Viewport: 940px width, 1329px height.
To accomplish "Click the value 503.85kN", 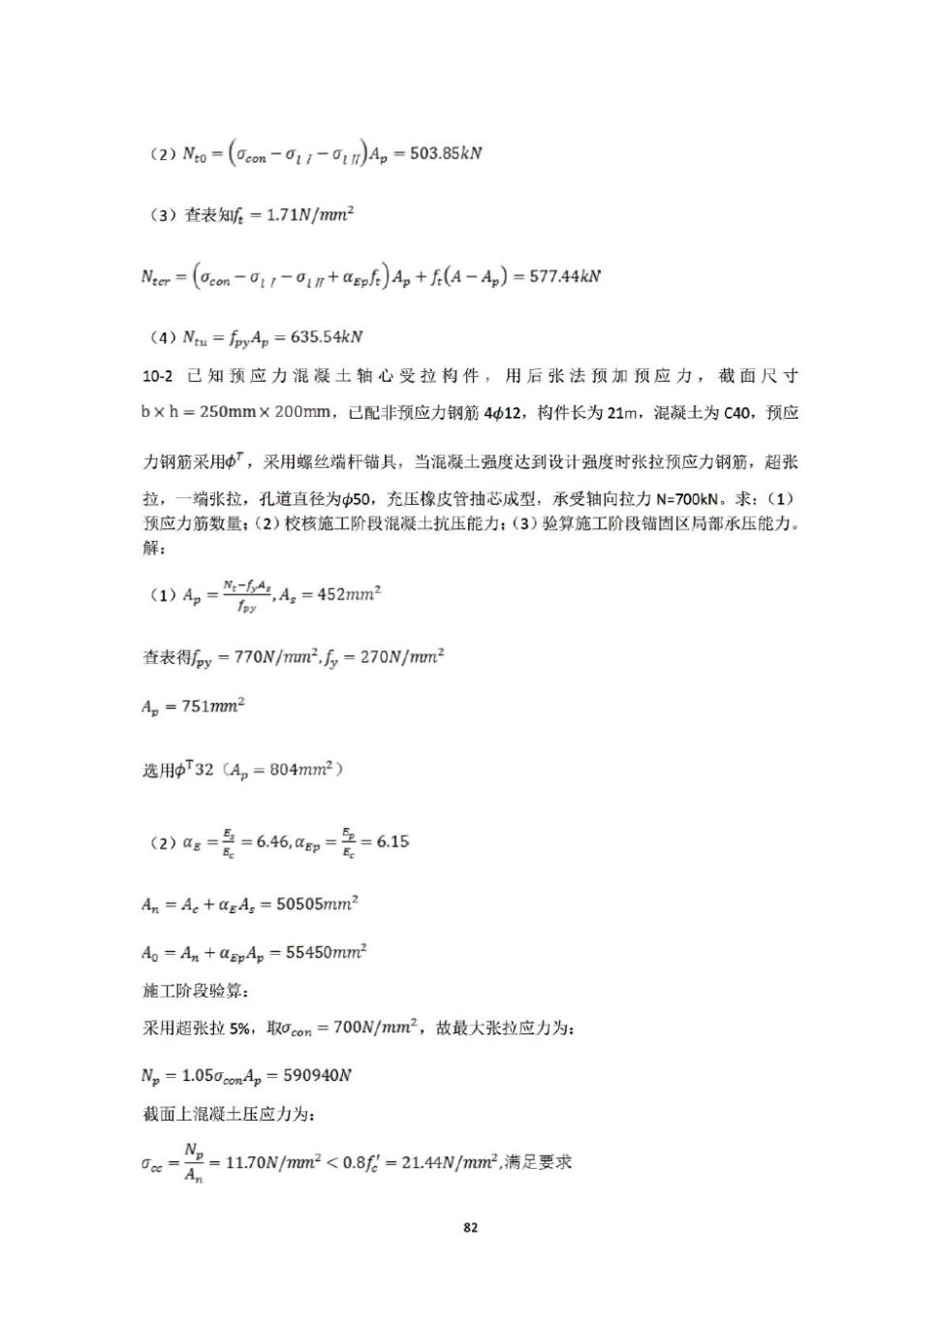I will tap(446, 153).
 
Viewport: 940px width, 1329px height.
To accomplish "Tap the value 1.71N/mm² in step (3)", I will tap(310, 214).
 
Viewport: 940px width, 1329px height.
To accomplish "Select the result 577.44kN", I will tap(565, 276).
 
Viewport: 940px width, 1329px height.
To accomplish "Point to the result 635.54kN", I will tap(327, 337).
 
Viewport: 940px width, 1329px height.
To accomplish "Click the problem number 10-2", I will tap(157, 376).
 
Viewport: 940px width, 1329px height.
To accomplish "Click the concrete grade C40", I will tap(737, 413).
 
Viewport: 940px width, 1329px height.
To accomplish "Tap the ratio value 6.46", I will tap(273, 841).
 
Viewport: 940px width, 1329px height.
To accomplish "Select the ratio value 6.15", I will tap(392, 841).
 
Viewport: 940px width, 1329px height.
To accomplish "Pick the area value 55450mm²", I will tap(326, 953).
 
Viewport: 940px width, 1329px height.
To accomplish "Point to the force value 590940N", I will tap(317, 1075).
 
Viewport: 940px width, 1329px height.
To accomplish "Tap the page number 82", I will tap(470, 1227).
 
